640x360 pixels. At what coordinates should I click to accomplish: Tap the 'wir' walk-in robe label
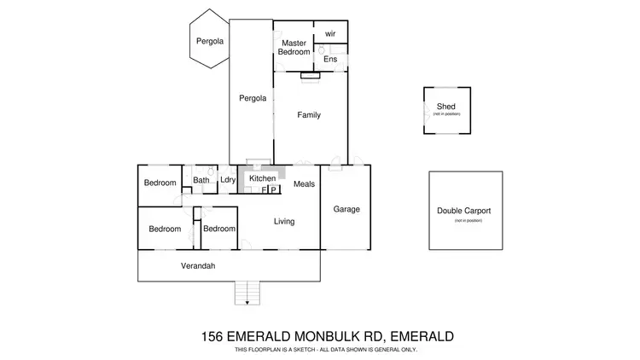click(330, 33)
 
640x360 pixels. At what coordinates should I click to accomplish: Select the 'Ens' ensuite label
click(329, 59)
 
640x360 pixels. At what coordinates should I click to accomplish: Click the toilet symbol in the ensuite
click(321, 50)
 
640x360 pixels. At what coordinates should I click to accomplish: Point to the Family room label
click(309, 115)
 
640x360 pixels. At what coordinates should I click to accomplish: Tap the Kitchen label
click(262, 178)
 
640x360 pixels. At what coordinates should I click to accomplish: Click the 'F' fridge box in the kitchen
click(264, 189)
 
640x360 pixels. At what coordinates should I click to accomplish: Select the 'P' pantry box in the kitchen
click(273, 189)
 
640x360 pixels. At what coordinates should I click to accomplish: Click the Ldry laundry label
click(228, 180)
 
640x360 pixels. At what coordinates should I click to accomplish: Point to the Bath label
click(201, 180)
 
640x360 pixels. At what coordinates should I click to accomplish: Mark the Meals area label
click(304, 183)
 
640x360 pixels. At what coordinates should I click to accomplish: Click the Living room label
click(283, 222)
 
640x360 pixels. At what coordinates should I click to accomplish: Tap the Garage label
click(346, 208)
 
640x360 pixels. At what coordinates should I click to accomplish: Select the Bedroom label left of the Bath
click(160, 183)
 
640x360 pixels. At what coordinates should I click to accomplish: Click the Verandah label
click(197, 265)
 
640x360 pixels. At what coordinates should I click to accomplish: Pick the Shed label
click(446, 107)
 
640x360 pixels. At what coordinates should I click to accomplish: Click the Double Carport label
click(463, 211)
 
